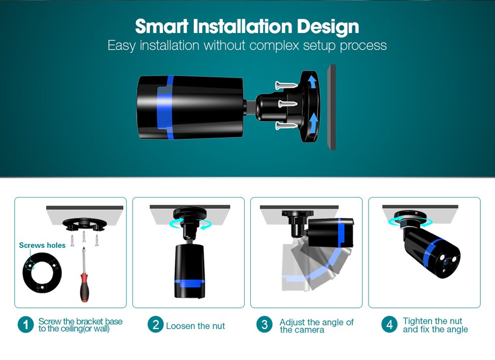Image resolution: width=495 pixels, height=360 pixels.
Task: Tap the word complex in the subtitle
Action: tap(275, 45)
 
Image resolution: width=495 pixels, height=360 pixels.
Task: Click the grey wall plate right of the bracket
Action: tap(332, 107)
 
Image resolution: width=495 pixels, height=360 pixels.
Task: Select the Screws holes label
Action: tap(42, 245)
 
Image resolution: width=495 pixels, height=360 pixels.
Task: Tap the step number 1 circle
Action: tap(25, 325)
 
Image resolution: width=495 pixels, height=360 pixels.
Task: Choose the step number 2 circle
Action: tap(155, 325)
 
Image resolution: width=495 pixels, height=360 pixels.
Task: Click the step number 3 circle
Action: tap(264, 325)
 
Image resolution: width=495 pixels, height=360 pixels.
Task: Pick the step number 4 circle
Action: tap(389, 325)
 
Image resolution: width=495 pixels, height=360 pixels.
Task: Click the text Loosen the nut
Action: tap(195, 326)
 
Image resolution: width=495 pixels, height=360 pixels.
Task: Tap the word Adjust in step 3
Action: tap(292, 322)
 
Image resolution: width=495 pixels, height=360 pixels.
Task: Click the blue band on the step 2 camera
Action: tap(189, 282)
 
